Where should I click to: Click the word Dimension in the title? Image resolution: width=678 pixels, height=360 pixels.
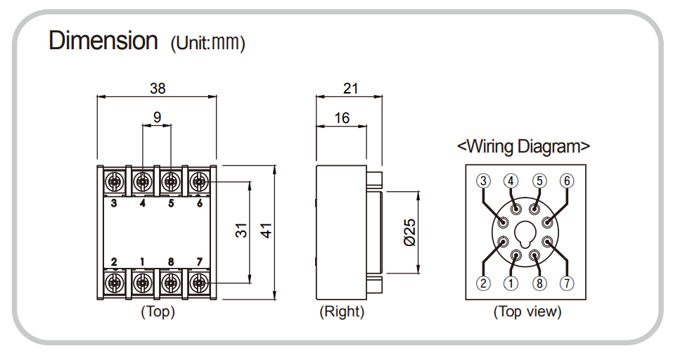click(103, 41)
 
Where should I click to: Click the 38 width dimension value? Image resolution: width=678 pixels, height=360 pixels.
click(158, 88)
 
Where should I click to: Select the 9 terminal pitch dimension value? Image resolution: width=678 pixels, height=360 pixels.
click(157, 117)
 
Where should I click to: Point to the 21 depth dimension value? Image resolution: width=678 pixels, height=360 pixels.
click(350, 88)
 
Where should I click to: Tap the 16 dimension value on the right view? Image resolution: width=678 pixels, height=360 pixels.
click(342, 117)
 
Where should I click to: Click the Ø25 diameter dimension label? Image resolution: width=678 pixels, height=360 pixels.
click(410, 233)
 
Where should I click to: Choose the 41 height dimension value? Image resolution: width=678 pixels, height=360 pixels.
click(267, 231)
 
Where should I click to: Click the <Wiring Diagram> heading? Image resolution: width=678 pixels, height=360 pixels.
click(523, 146)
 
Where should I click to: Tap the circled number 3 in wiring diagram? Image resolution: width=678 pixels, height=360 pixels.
click(483, 181)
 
